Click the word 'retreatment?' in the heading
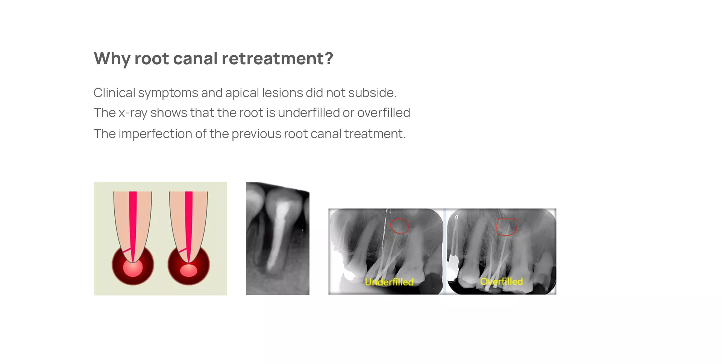pyautogui.click(x=277, y=58)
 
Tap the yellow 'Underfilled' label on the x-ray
pyautogui.click(x=389, y=282)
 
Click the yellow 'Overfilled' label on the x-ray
pyautogui.click(x=502, y=281)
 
